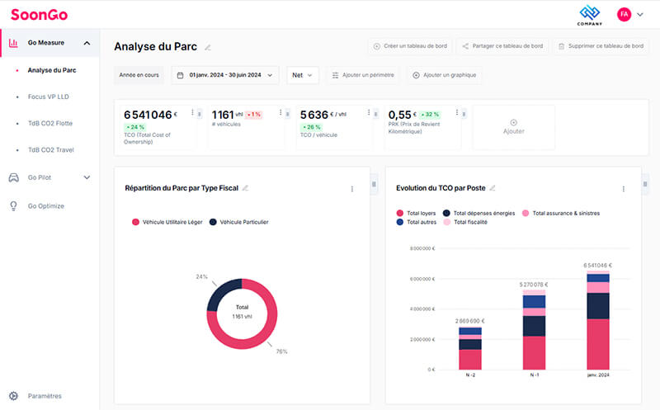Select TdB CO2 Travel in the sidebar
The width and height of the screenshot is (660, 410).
tap(51, 149)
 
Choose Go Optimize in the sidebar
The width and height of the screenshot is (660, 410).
tap(45, 205)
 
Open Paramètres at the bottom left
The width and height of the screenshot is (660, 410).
tap(45, 396)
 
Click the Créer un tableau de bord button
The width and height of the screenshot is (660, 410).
tap(409, 46)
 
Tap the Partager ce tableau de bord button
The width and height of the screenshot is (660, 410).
tap(502, 46)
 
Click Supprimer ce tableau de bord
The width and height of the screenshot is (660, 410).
tap(600, 46)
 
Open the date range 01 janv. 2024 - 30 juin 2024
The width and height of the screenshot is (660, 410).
tap(224, 75)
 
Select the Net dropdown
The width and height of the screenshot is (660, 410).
tap(303, 75)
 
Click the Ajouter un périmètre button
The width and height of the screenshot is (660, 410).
tap(363, 75)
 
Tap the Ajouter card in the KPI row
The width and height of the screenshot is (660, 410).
tap(513, 127)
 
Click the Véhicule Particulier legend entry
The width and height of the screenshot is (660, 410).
tap(243, 222)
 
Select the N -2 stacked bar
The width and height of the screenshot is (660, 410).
tap(470, 348)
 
